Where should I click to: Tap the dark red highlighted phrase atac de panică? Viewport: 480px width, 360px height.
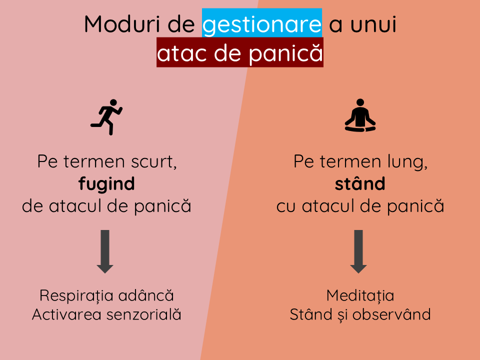(x=240, y=52)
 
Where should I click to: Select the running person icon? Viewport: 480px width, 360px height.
(x=106, y=117)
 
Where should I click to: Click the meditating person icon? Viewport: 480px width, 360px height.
(x=360, y=115)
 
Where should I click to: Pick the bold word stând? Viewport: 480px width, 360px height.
(x=360, y=183)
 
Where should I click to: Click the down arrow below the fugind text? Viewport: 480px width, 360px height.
(x=105, y=251)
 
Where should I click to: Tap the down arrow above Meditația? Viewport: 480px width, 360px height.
(x=358, y=251)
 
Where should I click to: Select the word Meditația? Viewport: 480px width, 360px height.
(x=360, y=296)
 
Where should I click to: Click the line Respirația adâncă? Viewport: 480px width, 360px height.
(x=106, y=296)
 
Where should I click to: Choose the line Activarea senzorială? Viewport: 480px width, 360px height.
(x=106, y=314)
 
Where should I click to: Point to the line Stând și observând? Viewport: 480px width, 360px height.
(x=360, y=314)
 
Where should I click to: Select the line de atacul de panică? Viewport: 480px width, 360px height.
(x=106, y=205)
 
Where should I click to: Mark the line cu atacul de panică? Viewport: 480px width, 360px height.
(x=360, y=205)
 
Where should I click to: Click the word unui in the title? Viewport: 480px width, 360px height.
(x=373, y=24)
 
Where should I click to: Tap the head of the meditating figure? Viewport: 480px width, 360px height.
(x=360, y=102)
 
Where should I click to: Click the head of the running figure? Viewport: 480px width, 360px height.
(x=113, y=102)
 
